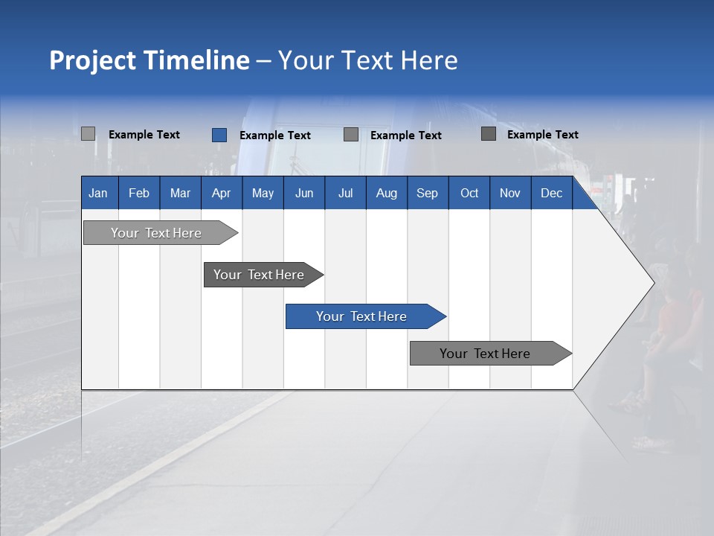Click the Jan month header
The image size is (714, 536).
pos(98,193)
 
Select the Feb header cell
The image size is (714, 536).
pos(139,193)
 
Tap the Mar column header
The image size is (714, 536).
pos(180,193)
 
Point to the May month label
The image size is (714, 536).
pos(263,193)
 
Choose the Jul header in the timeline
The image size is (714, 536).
pos(345,193)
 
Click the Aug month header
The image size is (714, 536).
pos(387,193)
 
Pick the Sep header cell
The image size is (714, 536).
pos(427,193)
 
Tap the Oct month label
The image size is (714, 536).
pos(469,193)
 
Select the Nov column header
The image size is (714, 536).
pos(510,193)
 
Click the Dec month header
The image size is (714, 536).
pos(552,193)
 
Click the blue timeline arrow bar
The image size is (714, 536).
pos(364,316)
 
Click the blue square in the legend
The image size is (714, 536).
pos(219,135)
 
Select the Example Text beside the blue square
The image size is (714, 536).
pos(274,135)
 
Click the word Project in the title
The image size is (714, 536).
pos(92,60)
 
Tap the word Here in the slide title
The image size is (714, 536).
pos(429,60)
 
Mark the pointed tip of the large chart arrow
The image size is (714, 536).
pos(653,282)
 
